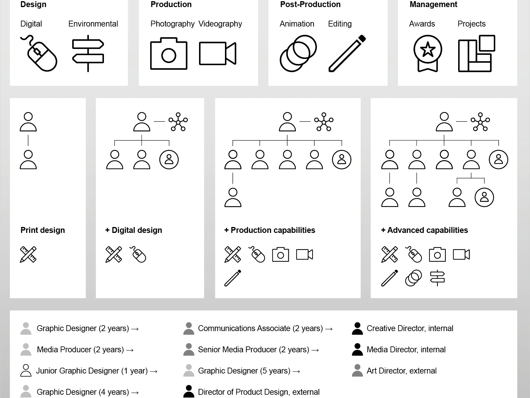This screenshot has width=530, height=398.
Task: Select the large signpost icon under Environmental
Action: point(88,53)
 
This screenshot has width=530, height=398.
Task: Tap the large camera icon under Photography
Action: point(169,54)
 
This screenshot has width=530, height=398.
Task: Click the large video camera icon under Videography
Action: point(218,53)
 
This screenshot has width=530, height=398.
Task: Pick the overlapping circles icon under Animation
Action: point(298,53)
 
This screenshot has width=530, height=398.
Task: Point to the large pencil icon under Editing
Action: point(347,53)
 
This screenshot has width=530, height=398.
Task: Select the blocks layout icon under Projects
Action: point(476,53)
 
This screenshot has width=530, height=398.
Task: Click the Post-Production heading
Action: point(310,4)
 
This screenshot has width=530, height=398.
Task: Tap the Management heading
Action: point(433,4)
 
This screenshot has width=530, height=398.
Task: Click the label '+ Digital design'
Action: point(134,230)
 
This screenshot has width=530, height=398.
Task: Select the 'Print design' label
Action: point(43,230)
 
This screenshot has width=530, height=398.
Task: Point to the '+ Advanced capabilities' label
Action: point(425,230)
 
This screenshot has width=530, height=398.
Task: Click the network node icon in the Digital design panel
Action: point(178,121)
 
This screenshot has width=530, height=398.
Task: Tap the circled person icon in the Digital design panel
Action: point(169,159)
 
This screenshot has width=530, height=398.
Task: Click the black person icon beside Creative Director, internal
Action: point(357,328)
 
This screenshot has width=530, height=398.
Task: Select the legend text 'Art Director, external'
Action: point(402,371)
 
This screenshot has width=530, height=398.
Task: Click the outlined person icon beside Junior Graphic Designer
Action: point(26,371)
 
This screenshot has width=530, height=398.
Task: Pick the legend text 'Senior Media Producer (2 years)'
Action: point(254,350)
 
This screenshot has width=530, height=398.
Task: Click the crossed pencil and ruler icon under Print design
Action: point(28,254)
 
